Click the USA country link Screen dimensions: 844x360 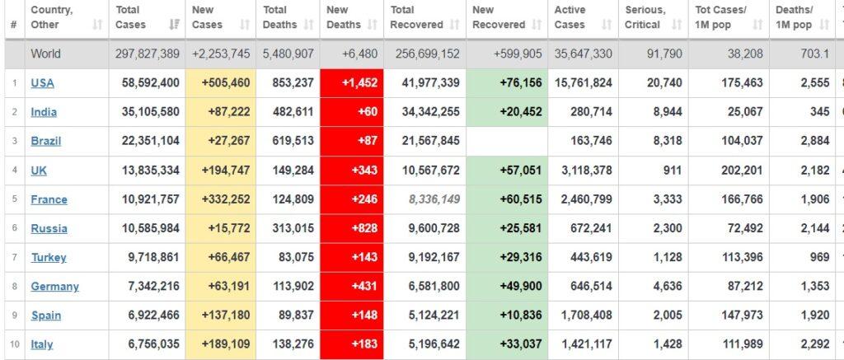(x=42, y=83)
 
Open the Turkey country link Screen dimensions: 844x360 (x=49, y=257)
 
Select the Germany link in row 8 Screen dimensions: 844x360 (x=54, y=287)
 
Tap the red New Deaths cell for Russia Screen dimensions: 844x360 (x=351, y=228)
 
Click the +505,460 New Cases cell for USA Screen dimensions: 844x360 (x=221, y=83)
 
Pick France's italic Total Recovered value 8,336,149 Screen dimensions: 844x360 (x=434, y=199)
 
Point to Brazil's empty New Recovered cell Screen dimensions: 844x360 (x=507, y=141)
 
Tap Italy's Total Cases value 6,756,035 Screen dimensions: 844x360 (x=151, y=344)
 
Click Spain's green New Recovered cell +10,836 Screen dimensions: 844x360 (x=507, y=316)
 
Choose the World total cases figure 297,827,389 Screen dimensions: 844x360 (x=147, y=54)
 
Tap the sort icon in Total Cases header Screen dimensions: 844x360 (x=175, y=25)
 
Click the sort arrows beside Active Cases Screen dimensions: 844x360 (x=607, y=25)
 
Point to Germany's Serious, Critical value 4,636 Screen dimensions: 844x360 (x=668, y=287)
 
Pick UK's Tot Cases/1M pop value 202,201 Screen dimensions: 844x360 (x=743, y=170)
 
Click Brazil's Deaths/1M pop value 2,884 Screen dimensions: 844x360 (x=815, y=141)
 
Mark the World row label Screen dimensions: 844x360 (x=46, y=54)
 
